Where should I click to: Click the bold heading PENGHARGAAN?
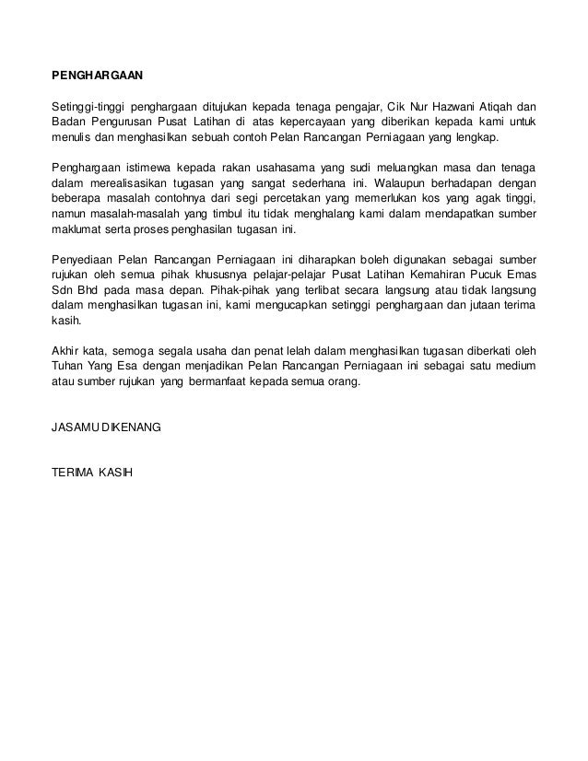[97, 73]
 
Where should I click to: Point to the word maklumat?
[76, 232]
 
